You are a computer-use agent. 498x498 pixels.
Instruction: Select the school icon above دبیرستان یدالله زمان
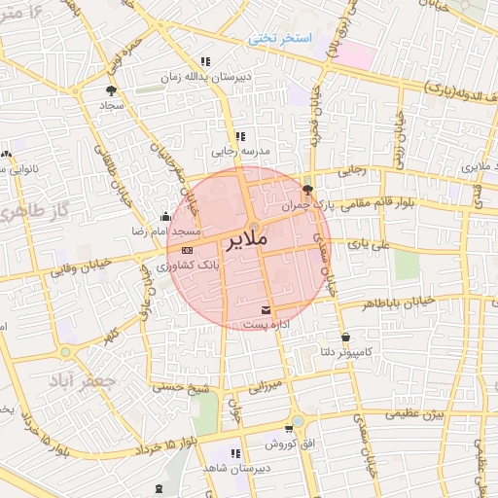pyautogui.click(x=205, y=62)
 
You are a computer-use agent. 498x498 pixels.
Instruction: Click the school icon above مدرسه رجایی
pyautogui.click(x=240, y=136)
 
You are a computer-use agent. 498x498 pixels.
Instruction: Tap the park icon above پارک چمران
pyautogui.click(x=308, y=190)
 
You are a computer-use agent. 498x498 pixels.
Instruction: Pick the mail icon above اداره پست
pyautogui.click(x=266, y=310)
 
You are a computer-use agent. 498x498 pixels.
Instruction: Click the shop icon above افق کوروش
pyautogui.click(x=289, y=428)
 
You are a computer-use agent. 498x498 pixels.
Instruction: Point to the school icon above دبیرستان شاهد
pyautogui.click(x=234, y=453)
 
